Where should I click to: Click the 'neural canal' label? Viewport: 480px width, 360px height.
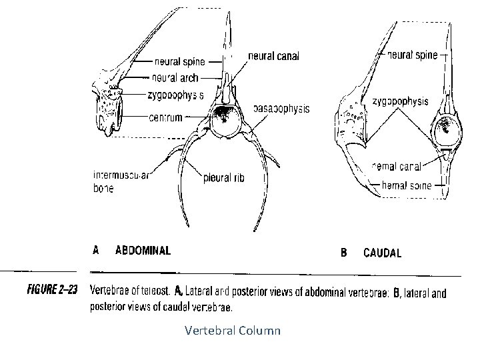[273, 56]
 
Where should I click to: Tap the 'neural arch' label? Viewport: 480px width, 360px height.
[175, 77]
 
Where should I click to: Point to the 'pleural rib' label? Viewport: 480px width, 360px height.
[223, 178]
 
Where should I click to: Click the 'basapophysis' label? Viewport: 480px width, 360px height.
[281, 109]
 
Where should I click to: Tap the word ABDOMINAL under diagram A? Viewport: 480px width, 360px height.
[143, 251]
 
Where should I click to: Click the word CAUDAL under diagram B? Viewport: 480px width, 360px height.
[382, 253]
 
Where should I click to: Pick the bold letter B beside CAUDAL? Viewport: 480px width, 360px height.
[345, 253]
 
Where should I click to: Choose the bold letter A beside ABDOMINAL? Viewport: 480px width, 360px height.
[96, 251]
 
